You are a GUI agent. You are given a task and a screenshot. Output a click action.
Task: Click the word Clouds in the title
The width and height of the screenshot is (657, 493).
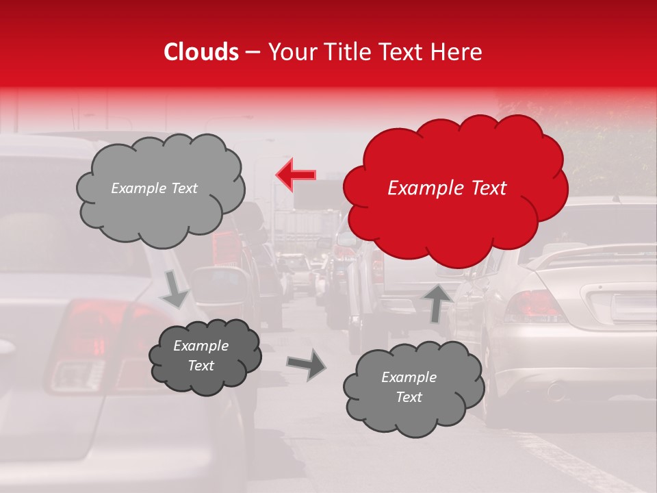click(201, 52)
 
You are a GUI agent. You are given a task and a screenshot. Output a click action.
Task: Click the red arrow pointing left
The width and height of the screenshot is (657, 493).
click(296, 175)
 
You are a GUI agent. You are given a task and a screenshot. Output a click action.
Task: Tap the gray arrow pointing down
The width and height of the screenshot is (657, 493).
click(175, 290)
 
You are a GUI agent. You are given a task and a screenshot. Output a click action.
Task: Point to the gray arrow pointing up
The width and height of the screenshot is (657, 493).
click(437, 303)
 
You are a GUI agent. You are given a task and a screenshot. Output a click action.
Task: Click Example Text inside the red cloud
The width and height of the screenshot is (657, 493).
click(447, 188)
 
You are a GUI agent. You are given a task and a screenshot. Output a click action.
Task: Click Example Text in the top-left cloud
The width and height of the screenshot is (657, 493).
click(154, 188)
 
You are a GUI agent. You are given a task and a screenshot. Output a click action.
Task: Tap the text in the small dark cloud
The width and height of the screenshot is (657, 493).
click(201, 356)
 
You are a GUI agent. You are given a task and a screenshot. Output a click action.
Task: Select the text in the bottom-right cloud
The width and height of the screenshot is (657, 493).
click(409, 387)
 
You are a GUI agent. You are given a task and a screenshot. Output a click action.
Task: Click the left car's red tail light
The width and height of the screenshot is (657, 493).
click(86, 322)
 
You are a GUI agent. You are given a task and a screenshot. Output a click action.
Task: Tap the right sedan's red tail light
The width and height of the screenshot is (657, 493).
click(533, 306)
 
